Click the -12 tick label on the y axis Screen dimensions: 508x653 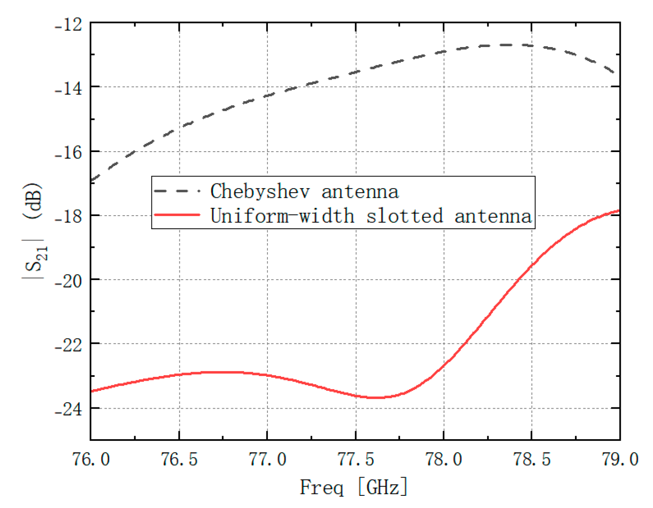click(x=68, y=25)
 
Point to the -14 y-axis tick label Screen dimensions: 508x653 click(x=68, y=89)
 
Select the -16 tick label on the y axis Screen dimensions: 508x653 click(x=68, y=153)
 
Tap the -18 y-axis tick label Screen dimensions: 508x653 click(x=68, y=217)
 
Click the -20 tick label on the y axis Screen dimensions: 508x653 click(x=68, y=281)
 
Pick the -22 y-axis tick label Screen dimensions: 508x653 click(x=68, y=345)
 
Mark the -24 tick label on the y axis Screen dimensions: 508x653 click(x=68, y=410)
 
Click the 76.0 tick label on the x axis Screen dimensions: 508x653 click(x=91, y=459)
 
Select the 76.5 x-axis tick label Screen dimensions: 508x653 click(x=179, y=459)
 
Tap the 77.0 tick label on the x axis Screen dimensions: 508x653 click(x=267, y=459)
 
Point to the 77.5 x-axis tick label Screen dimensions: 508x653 click(x=356, y=459)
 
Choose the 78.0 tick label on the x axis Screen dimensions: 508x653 click(x=444, y=459)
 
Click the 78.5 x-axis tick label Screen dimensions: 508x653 click(x=532, y=459)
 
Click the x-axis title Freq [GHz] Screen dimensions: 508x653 click(x=354, y=487)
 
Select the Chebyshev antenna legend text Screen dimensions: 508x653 click(x=304, y=191)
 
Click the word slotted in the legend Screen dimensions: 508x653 click(x=404, y=216)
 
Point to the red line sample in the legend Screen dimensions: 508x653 click(x=177, y=215)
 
